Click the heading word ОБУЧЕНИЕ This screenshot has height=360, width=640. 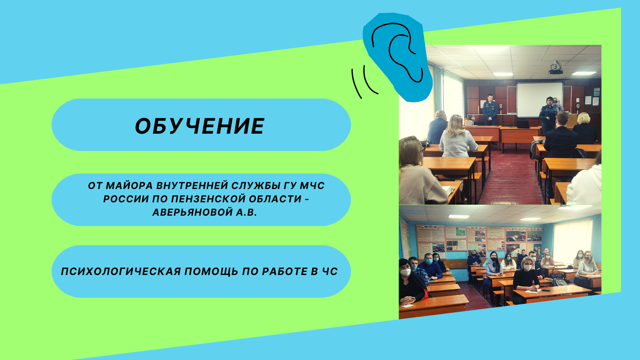(x=200, y=126)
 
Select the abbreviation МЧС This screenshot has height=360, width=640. (x=312, y=186)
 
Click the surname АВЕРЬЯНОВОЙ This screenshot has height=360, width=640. (x=192, y=212)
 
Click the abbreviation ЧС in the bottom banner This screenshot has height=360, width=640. (x=330, y=272)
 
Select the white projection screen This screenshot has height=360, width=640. (x=539, y=99)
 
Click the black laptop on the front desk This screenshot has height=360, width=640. (x=523, y=124)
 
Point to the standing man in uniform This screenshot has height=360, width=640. (x=490, y=110)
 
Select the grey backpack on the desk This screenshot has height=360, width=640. (x=559, y=282)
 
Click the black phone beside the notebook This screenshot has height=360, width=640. (x=546, y=290)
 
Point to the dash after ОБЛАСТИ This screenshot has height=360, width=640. (x=307, y=199)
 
